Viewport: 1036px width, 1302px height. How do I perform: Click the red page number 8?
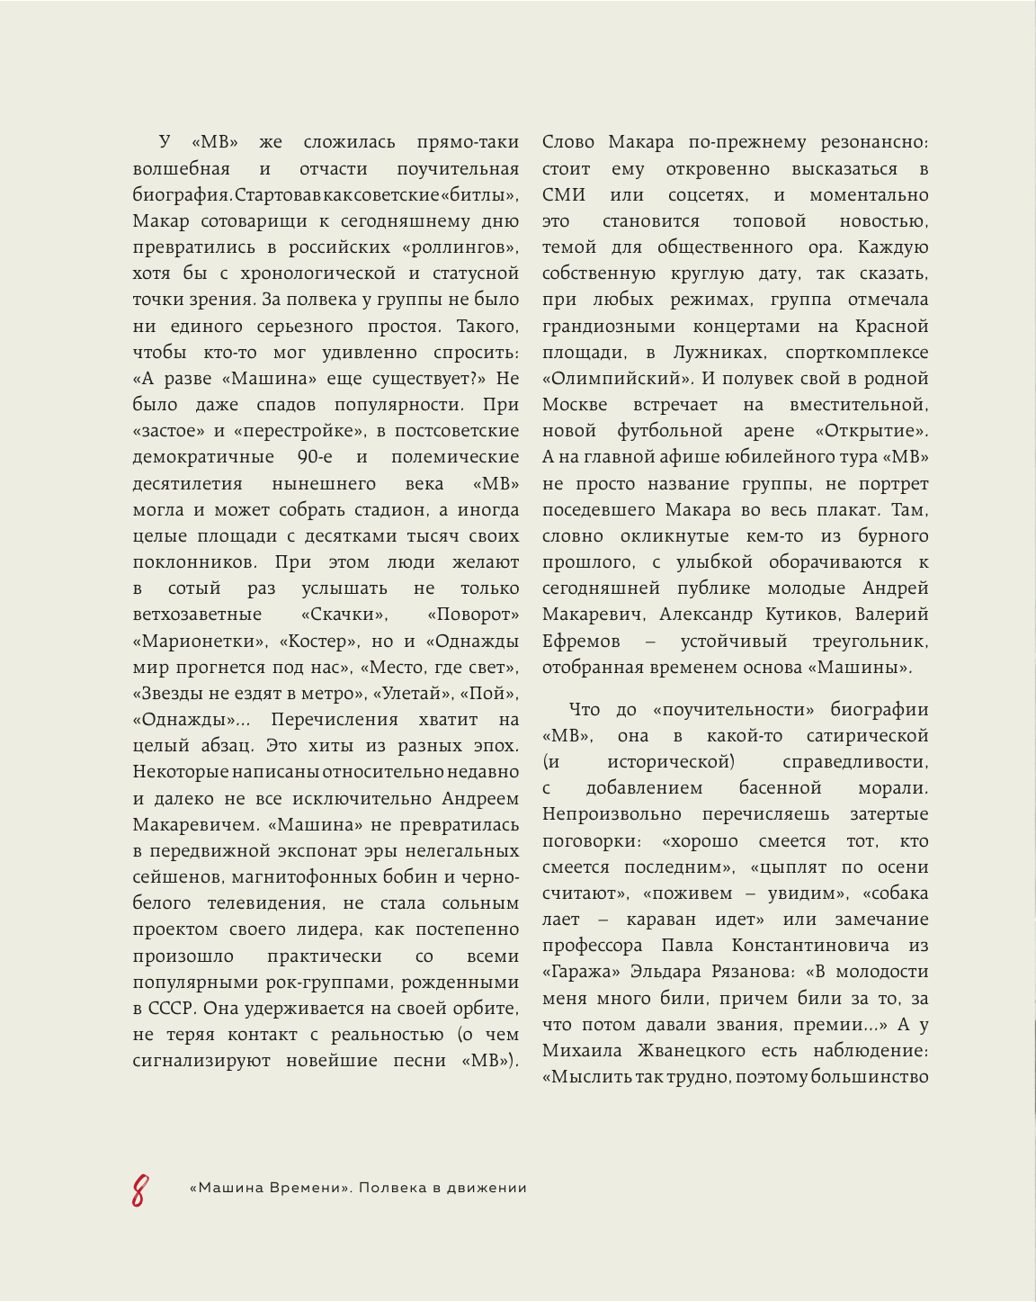[x=138, y=1190]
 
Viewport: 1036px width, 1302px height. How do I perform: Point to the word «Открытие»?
[x=871, y=432]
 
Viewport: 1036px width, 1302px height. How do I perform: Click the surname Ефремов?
[x=581, y=642]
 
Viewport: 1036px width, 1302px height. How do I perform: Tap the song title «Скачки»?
[x=344, y=615]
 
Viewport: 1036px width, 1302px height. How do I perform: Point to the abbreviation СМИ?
[x=564, y=195]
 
